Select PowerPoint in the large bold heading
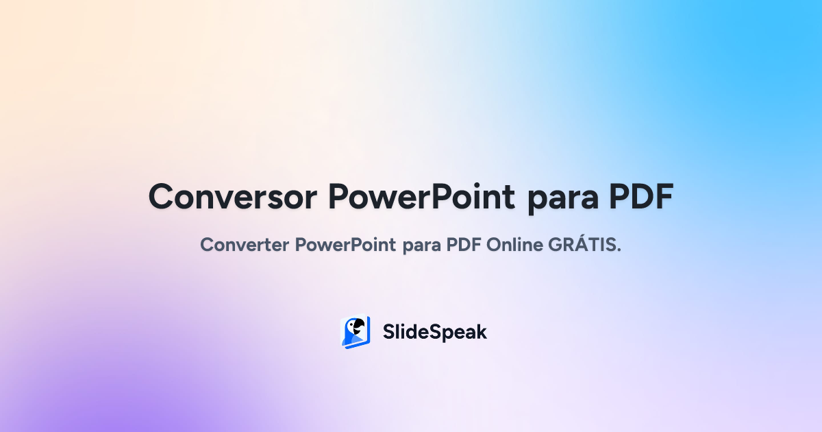click(x=421, y=197)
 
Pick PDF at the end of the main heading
click(x=640, y=197)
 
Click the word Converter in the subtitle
click(x=245, y=245)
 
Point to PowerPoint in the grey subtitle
click(x=346, y=245)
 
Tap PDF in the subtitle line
click(x=466, y=245)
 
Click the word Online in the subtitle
click(x=516, y=245)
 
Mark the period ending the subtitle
click(x=619, y=250)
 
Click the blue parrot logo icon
click(x=356, y=332)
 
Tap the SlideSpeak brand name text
click(x=435, y=333)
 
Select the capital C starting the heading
click(x=164, y=197)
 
